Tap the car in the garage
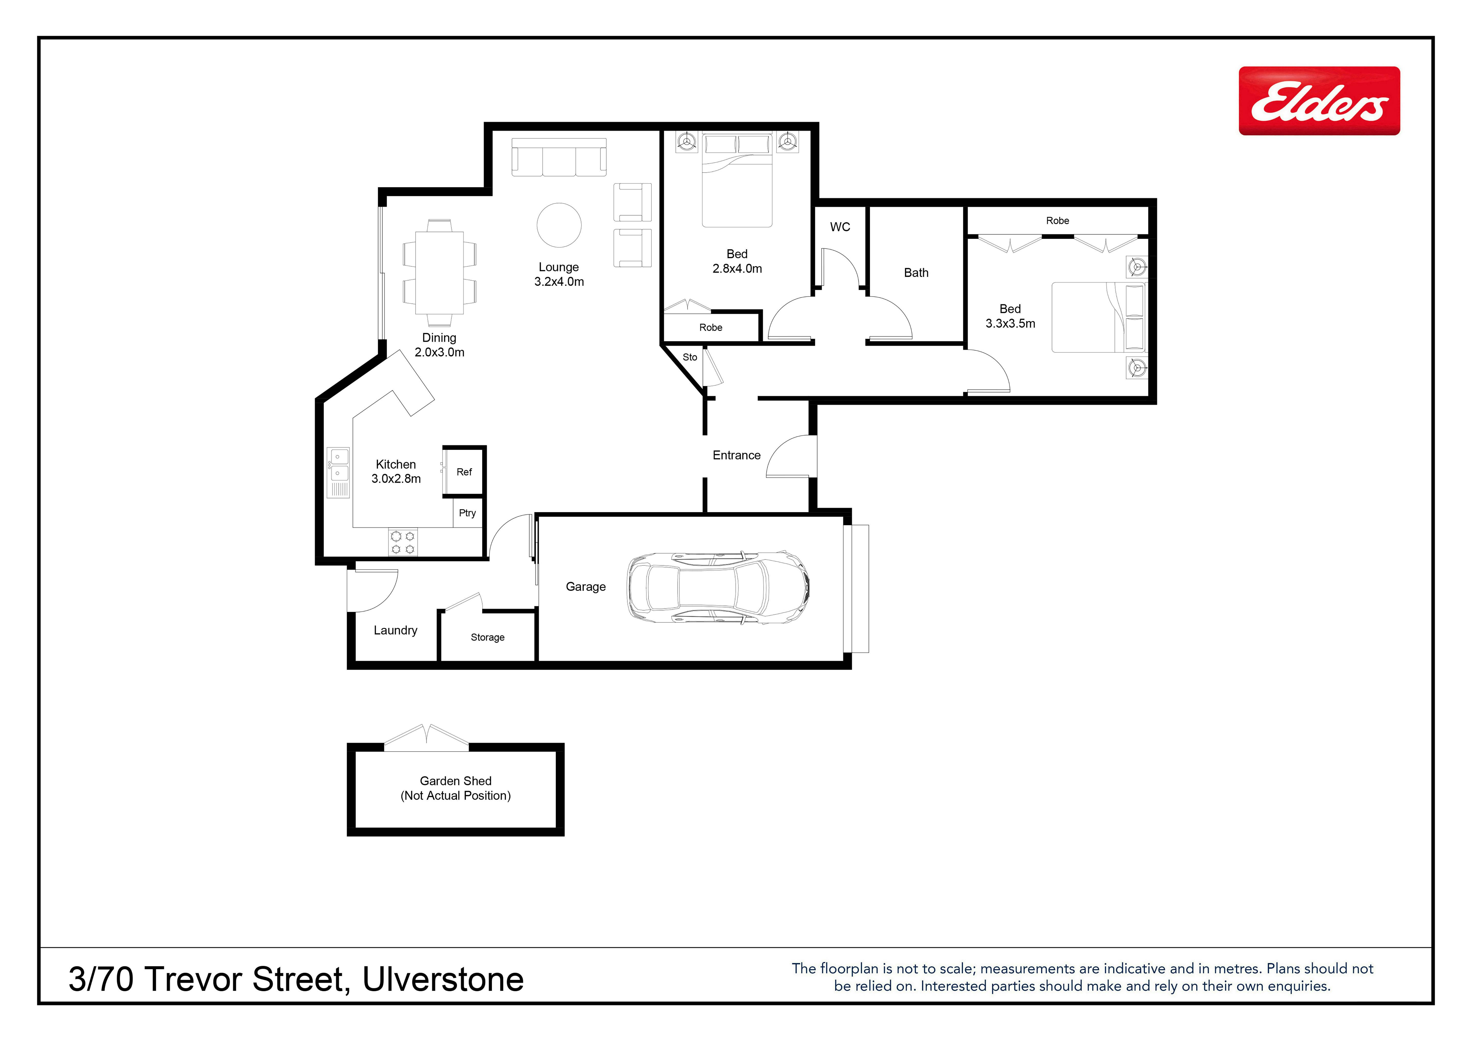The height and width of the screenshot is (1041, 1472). coord(718,587)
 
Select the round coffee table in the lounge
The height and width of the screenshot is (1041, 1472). coord(559,225)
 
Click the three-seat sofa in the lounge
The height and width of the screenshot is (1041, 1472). coord(559,157)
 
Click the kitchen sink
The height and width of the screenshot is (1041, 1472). coord(339,472)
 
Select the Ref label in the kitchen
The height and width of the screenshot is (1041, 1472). coord(464,472)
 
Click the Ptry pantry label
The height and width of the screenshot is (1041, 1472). coord(467,513)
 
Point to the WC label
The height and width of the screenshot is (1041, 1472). coord(840,227)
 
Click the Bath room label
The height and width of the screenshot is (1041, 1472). coord(916,272)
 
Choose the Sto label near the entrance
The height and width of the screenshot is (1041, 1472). coord(690,357)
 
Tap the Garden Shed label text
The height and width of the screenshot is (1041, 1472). coord(456,781)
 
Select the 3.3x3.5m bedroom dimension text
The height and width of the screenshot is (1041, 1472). coord(1010,324)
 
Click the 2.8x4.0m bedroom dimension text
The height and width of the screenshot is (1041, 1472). coord(737,269)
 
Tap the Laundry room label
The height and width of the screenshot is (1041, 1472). coord(396,631)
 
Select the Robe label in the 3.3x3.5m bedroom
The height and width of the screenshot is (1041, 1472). coord(1058,221)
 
